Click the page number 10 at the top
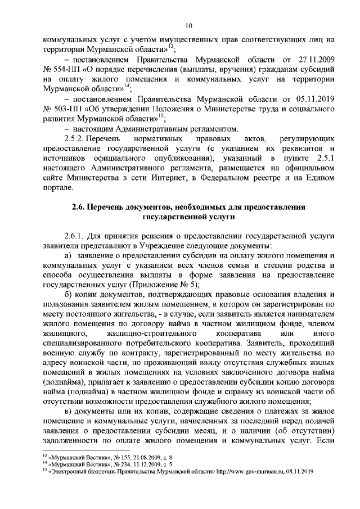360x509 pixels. coord(189,25)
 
